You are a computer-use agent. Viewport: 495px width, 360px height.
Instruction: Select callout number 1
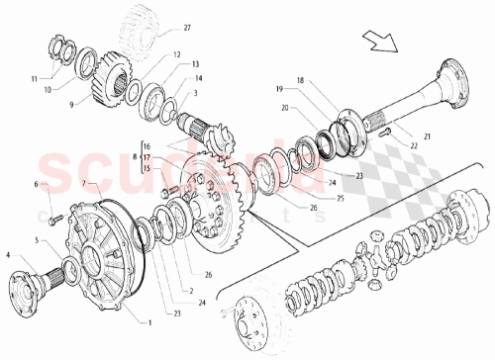click(150, 322)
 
